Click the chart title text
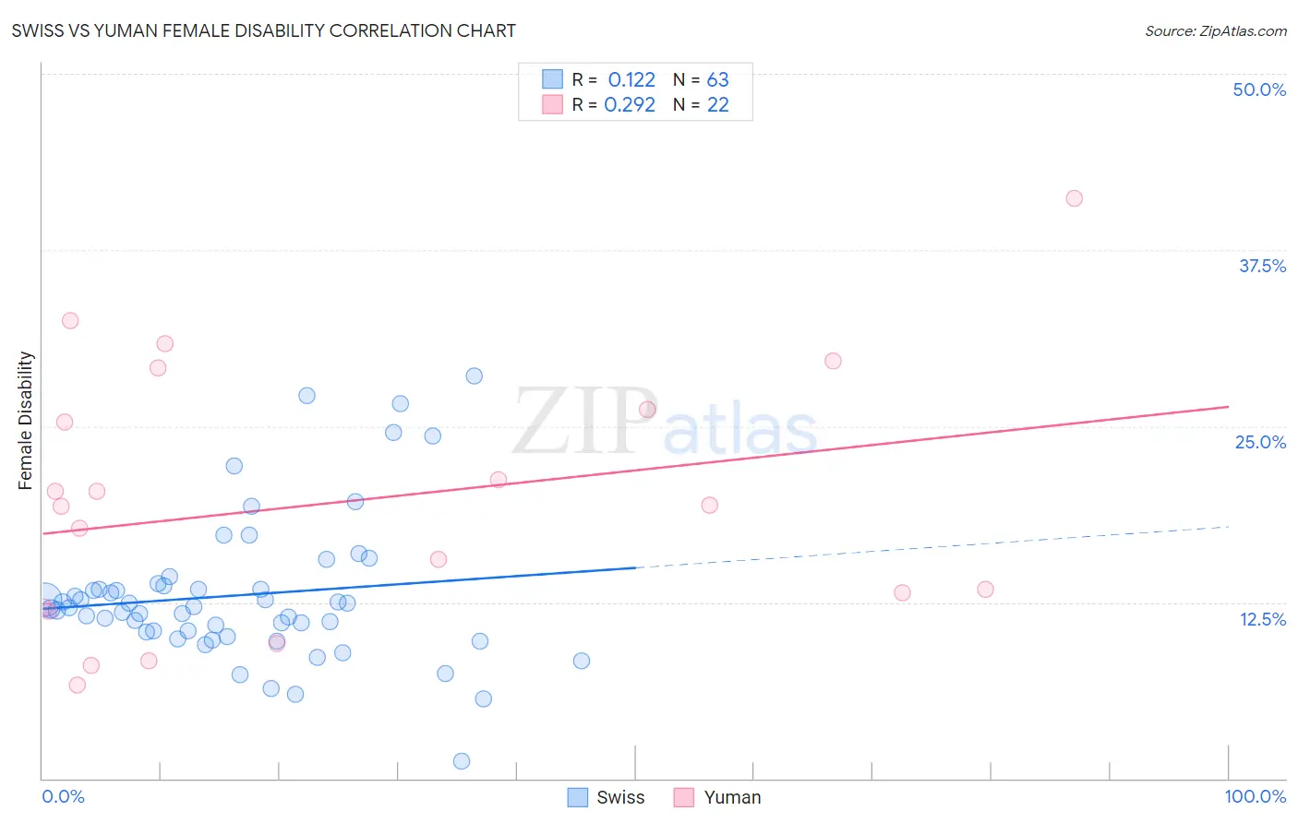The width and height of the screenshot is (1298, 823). (x=263, y=30)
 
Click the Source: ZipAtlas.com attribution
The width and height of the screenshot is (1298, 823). (x=1215, y=30)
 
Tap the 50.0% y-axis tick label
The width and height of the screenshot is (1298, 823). (x=1259, y=89)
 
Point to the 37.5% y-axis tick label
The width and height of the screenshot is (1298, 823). (x=1262, y=266)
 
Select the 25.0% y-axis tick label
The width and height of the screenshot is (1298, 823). (x=1260, y=442)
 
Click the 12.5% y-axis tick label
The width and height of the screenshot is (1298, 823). (x=1262, y=619)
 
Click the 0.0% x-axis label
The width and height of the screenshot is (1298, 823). (x=63, y=796)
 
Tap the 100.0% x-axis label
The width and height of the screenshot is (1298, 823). (x=1255, y=796)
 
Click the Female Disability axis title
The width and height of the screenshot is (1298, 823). (x=26, y=420)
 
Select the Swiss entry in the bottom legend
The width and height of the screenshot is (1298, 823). (x=619, y=797)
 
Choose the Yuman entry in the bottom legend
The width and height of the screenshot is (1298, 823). (x=732, y=797)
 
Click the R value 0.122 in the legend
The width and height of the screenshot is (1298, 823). (x=631, y=80)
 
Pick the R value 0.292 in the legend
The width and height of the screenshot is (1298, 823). (x=630, y=105)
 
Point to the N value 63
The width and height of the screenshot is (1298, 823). (x=717, y=80)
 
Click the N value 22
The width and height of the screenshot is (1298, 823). (x=717, y=105)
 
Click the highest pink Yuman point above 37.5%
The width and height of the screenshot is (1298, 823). (x=1074, y=198)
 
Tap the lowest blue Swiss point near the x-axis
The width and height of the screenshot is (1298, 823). (x=462, y=761)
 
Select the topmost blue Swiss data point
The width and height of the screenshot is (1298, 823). (x=474, y=376)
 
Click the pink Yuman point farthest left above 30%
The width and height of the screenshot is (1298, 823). (x=70, y=321)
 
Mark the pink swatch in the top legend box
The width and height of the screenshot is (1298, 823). (x=552, y=104)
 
